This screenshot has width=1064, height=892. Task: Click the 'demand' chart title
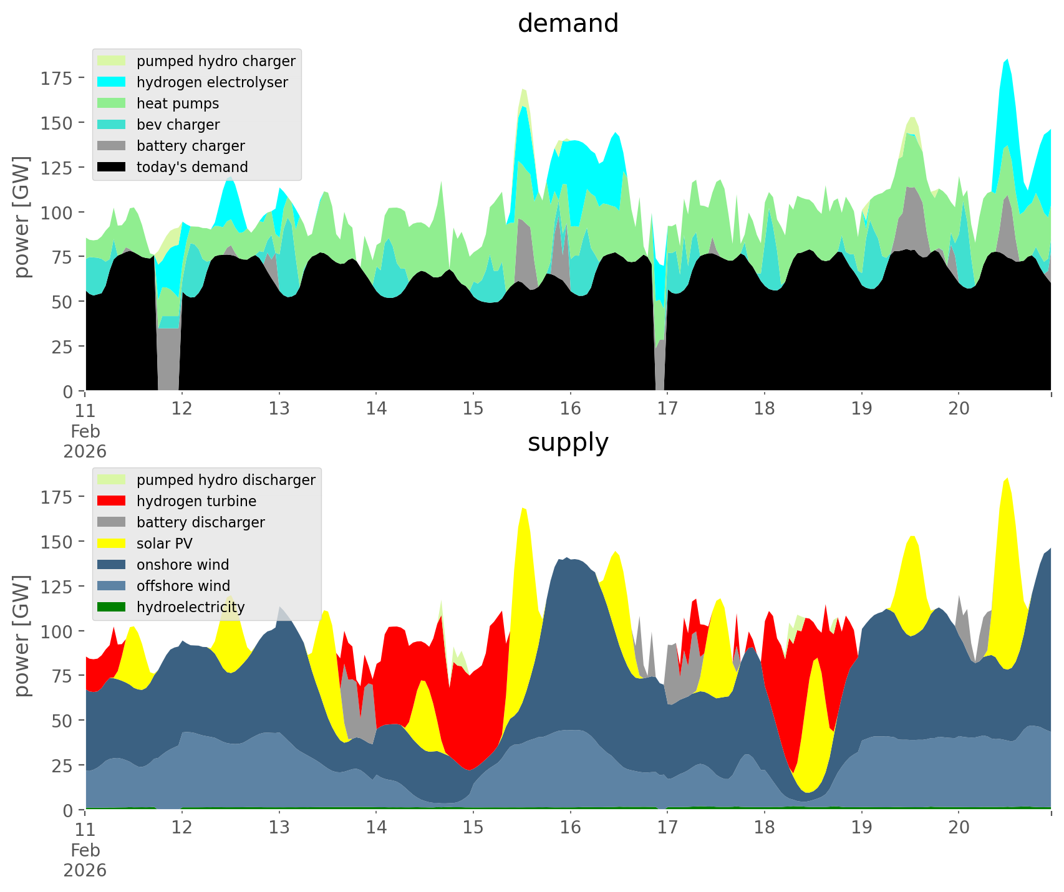[568, 24]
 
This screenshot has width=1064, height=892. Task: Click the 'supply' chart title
[568, 443]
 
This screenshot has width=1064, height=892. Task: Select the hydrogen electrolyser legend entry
[212, 82]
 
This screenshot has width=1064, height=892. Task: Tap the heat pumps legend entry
[178, 103]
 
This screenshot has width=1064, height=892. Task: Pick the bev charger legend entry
[178, 125]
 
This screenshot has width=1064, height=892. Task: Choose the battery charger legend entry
[190, 146]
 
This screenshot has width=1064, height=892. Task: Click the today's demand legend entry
[192, 167]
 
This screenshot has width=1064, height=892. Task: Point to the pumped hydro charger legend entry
[216, 61]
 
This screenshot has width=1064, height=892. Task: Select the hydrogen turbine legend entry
[196, 501]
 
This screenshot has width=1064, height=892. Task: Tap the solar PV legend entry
[165, 544]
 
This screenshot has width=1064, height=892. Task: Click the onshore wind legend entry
[183, 565]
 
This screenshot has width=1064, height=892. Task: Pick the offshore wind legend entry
[183, 586]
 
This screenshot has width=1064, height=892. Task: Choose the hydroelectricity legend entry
[190, 607]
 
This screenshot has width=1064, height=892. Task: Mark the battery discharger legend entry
[200, 522]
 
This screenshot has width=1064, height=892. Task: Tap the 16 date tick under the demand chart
[570, 409]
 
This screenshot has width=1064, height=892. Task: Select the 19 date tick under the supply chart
[862, 828]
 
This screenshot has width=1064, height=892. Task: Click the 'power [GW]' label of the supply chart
[22, 636]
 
